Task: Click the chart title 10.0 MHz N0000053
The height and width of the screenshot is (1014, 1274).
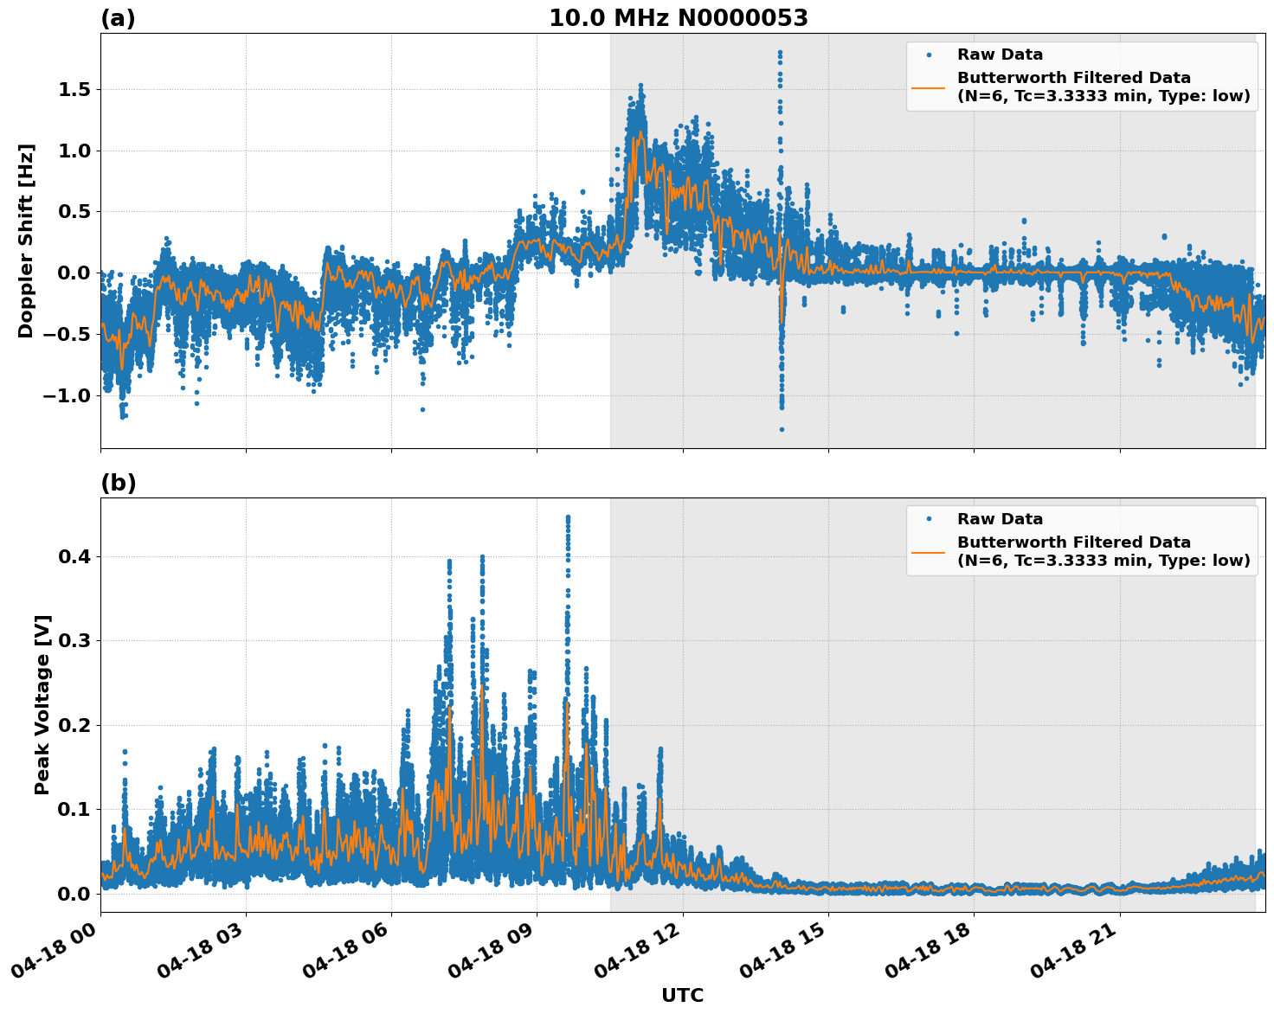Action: pyautogui.click(x=678, y=18)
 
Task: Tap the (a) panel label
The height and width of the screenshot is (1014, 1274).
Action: pyautogui.click(x=118, y=18)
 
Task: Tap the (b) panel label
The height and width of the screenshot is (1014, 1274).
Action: pyautogui.click(x=118, y=483)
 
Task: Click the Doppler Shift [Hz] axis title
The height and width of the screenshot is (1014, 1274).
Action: pyautogui.click(x=26, y=241)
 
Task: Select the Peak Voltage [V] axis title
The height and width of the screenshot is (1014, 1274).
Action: pyautogui.click(x=42, y=704)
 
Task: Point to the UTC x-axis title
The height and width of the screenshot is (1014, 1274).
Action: pyautogui.click(x=682, y=995)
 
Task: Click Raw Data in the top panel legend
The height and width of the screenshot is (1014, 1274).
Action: pyautogui.click(x=1000, y=55)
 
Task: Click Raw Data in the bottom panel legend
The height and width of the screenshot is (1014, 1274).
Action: pyautogui.click(x=1000, y=519)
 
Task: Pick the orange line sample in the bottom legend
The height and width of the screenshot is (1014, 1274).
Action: pyautogui.click(x=928, y=551)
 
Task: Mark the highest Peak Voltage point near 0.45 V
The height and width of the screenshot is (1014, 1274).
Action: pyautogui.click(x=568, y=517)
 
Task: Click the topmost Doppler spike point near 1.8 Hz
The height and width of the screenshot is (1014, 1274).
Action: pyautogui.click(x=780, y=53)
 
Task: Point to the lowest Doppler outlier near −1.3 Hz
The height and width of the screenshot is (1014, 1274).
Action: pyautogui.click(x=782, y=429)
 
